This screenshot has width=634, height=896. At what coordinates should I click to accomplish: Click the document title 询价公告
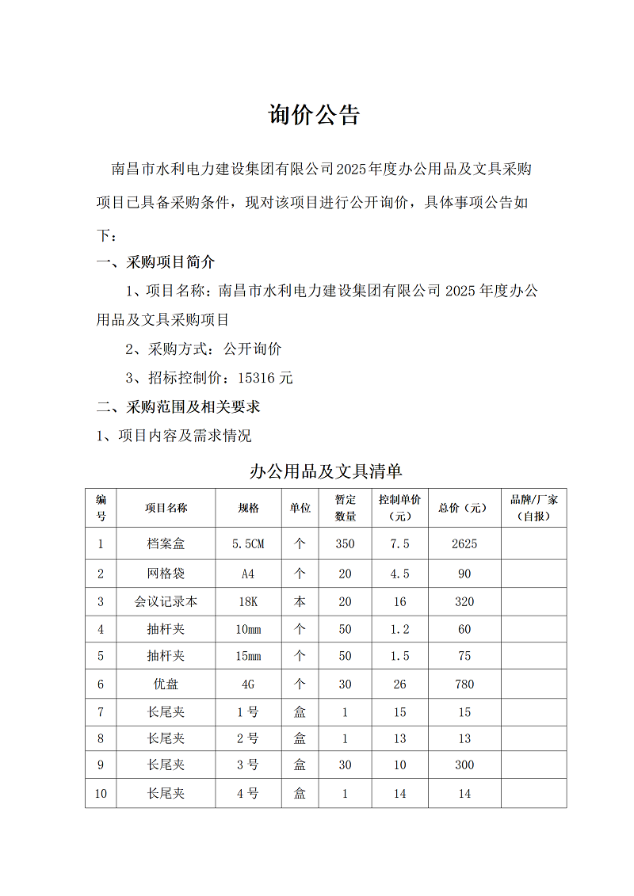(x=315, y=115)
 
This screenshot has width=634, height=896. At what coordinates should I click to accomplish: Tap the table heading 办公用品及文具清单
(x=326, y=472)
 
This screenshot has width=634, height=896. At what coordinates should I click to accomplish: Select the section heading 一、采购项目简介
(x=155, y=262)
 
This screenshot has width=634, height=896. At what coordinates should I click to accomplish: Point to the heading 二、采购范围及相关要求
(x=178, y=407)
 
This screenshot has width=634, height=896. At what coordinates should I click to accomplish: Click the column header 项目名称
(x=166, y=508)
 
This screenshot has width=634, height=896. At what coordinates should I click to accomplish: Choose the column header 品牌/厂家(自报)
(x=533, y=508)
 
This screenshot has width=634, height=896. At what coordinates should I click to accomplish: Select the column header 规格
(x=248, y=508)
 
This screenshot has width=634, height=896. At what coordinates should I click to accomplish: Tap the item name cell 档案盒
(x=166, y=544)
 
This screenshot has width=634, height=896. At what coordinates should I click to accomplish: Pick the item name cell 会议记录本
(x=166, y=601)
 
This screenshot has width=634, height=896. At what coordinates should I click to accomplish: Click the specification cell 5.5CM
(x=248, y=544)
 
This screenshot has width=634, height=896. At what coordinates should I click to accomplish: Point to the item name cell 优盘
(x=166, y=684)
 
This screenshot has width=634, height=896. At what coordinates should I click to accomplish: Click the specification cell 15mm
(x=248, y=656)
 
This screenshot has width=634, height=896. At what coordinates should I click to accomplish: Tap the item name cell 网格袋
(x=166, y=574)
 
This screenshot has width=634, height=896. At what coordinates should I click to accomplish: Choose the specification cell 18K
(x=248, y=601)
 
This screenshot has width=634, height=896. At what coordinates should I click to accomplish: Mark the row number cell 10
(x=101, y=793)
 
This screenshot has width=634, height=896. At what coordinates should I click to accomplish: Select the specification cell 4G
(x=248, y=684)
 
